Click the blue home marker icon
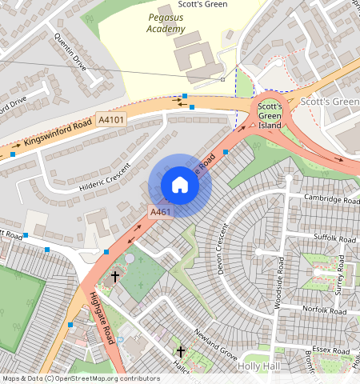pos(180,186)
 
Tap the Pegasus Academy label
pos(166,22)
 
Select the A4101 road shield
pos(111,120)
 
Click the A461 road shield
pos(160,212)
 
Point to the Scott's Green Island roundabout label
pos(270,115)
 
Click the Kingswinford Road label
pos(57,134)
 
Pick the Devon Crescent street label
pos(223,250)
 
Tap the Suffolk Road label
pos(334,239)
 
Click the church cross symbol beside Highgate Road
pos(115,277)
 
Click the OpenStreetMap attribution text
pos(80,378)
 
